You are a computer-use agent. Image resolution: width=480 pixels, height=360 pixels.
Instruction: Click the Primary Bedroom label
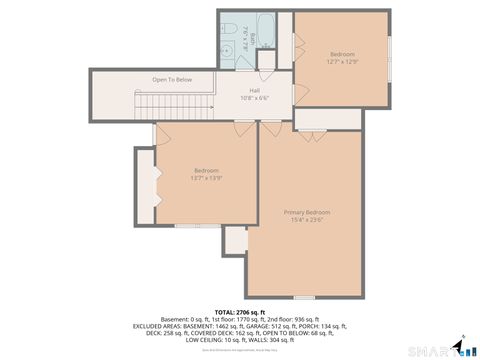tap(306, 212)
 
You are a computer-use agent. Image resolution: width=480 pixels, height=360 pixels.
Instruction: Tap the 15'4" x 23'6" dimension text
tap(306, 220)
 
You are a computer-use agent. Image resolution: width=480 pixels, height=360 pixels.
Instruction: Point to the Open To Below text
tap(172, 79)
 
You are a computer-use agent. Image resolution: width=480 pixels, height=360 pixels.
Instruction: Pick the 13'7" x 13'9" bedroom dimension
tap(206, 178)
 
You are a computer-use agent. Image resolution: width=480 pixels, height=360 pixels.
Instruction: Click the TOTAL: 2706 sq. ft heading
tap(240, 312)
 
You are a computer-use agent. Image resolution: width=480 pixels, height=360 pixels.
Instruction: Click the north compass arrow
tap(462, 340)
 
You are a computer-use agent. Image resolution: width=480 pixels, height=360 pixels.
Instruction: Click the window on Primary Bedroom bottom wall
tap(303, 297)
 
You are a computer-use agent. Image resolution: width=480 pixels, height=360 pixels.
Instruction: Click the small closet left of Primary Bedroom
tap(236, 240)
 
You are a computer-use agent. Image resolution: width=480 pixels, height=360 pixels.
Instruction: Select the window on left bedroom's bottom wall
tap(186, 226)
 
